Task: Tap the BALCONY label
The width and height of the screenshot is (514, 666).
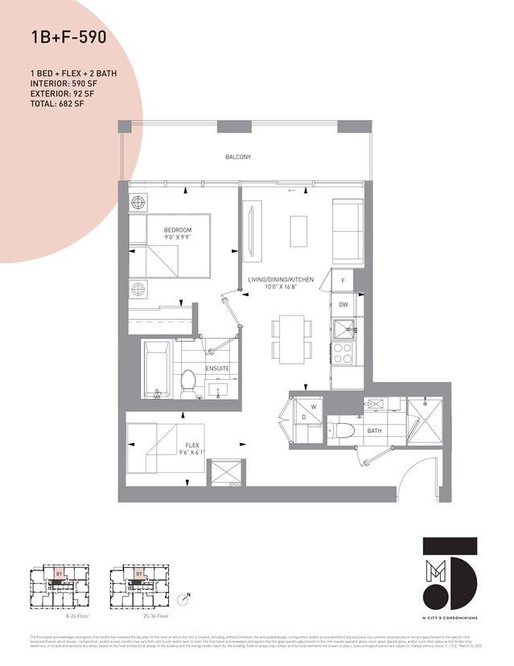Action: [237, 157]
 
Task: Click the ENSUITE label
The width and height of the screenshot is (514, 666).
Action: [217, 368]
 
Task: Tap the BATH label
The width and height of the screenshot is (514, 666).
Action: [375, 431]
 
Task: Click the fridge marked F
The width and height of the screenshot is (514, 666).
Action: [343, 281]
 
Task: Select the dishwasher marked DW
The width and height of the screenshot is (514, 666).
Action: [343, 305]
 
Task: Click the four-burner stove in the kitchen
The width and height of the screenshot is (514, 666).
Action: [342, 353]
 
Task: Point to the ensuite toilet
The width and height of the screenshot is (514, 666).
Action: [188, 382]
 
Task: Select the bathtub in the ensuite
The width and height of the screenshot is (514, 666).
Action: [156, 368]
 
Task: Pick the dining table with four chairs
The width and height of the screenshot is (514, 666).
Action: [288, 339]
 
